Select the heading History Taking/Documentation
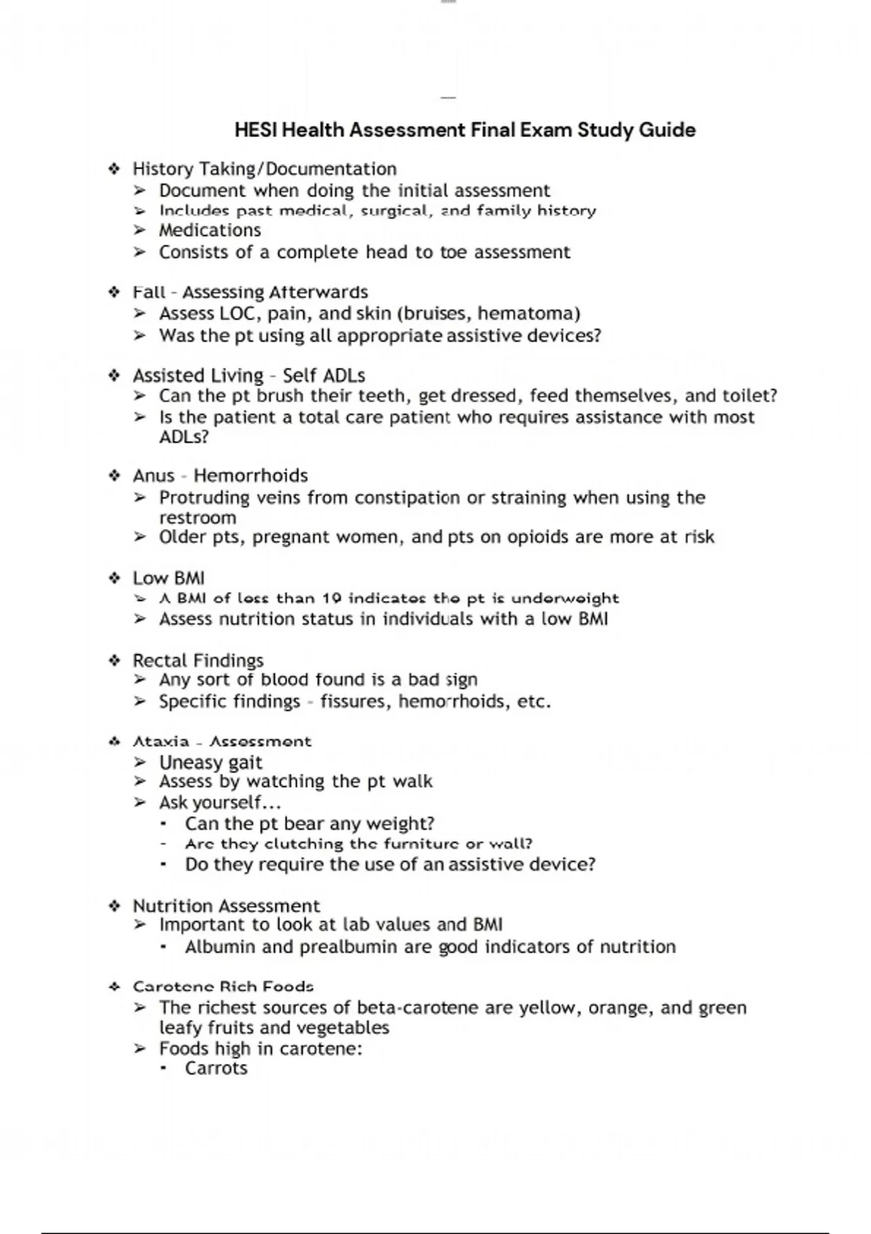click(x=264, y=169)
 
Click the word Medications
click(x=210, y=230)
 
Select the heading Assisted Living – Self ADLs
click(x=248, y=375)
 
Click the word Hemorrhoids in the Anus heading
click(x=250, y=475)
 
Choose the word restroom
click(x=197, y=518)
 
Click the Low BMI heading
click(x=168, y=578)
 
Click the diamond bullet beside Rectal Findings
click(x=114, y=661)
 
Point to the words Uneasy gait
click(x=210, y=762)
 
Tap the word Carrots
click(x=216, y=1068)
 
